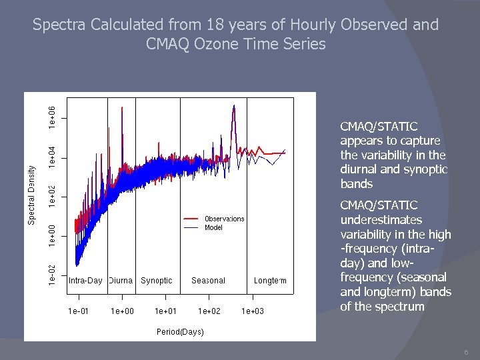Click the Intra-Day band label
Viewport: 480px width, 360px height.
(85, 281)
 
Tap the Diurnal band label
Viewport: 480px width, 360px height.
(121, 281)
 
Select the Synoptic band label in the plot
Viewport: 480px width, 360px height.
(157, 281)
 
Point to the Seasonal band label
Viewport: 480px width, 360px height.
(208, 281)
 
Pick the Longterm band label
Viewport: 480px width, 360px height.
(270, 281)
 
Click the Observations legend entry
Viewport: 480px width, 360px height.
(224, 219)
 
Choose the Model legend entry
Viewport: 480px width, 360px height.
(213, 227)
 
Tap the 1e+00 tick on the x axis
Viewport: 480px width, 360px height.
(122, 311)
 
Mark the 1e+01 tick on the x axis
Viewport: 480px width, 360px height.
(165, 311)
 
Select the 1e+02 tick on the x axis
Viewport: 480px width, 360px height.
(209, 311)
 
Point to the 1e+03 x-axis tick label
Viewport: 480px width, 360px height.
(252, 311)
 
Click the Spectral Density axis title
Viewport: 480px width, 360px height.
(31, 195)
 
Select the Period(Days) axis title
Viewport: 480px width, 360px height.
(180, 331)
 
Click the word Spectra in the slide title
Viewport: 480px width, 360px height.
(55, 25)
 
